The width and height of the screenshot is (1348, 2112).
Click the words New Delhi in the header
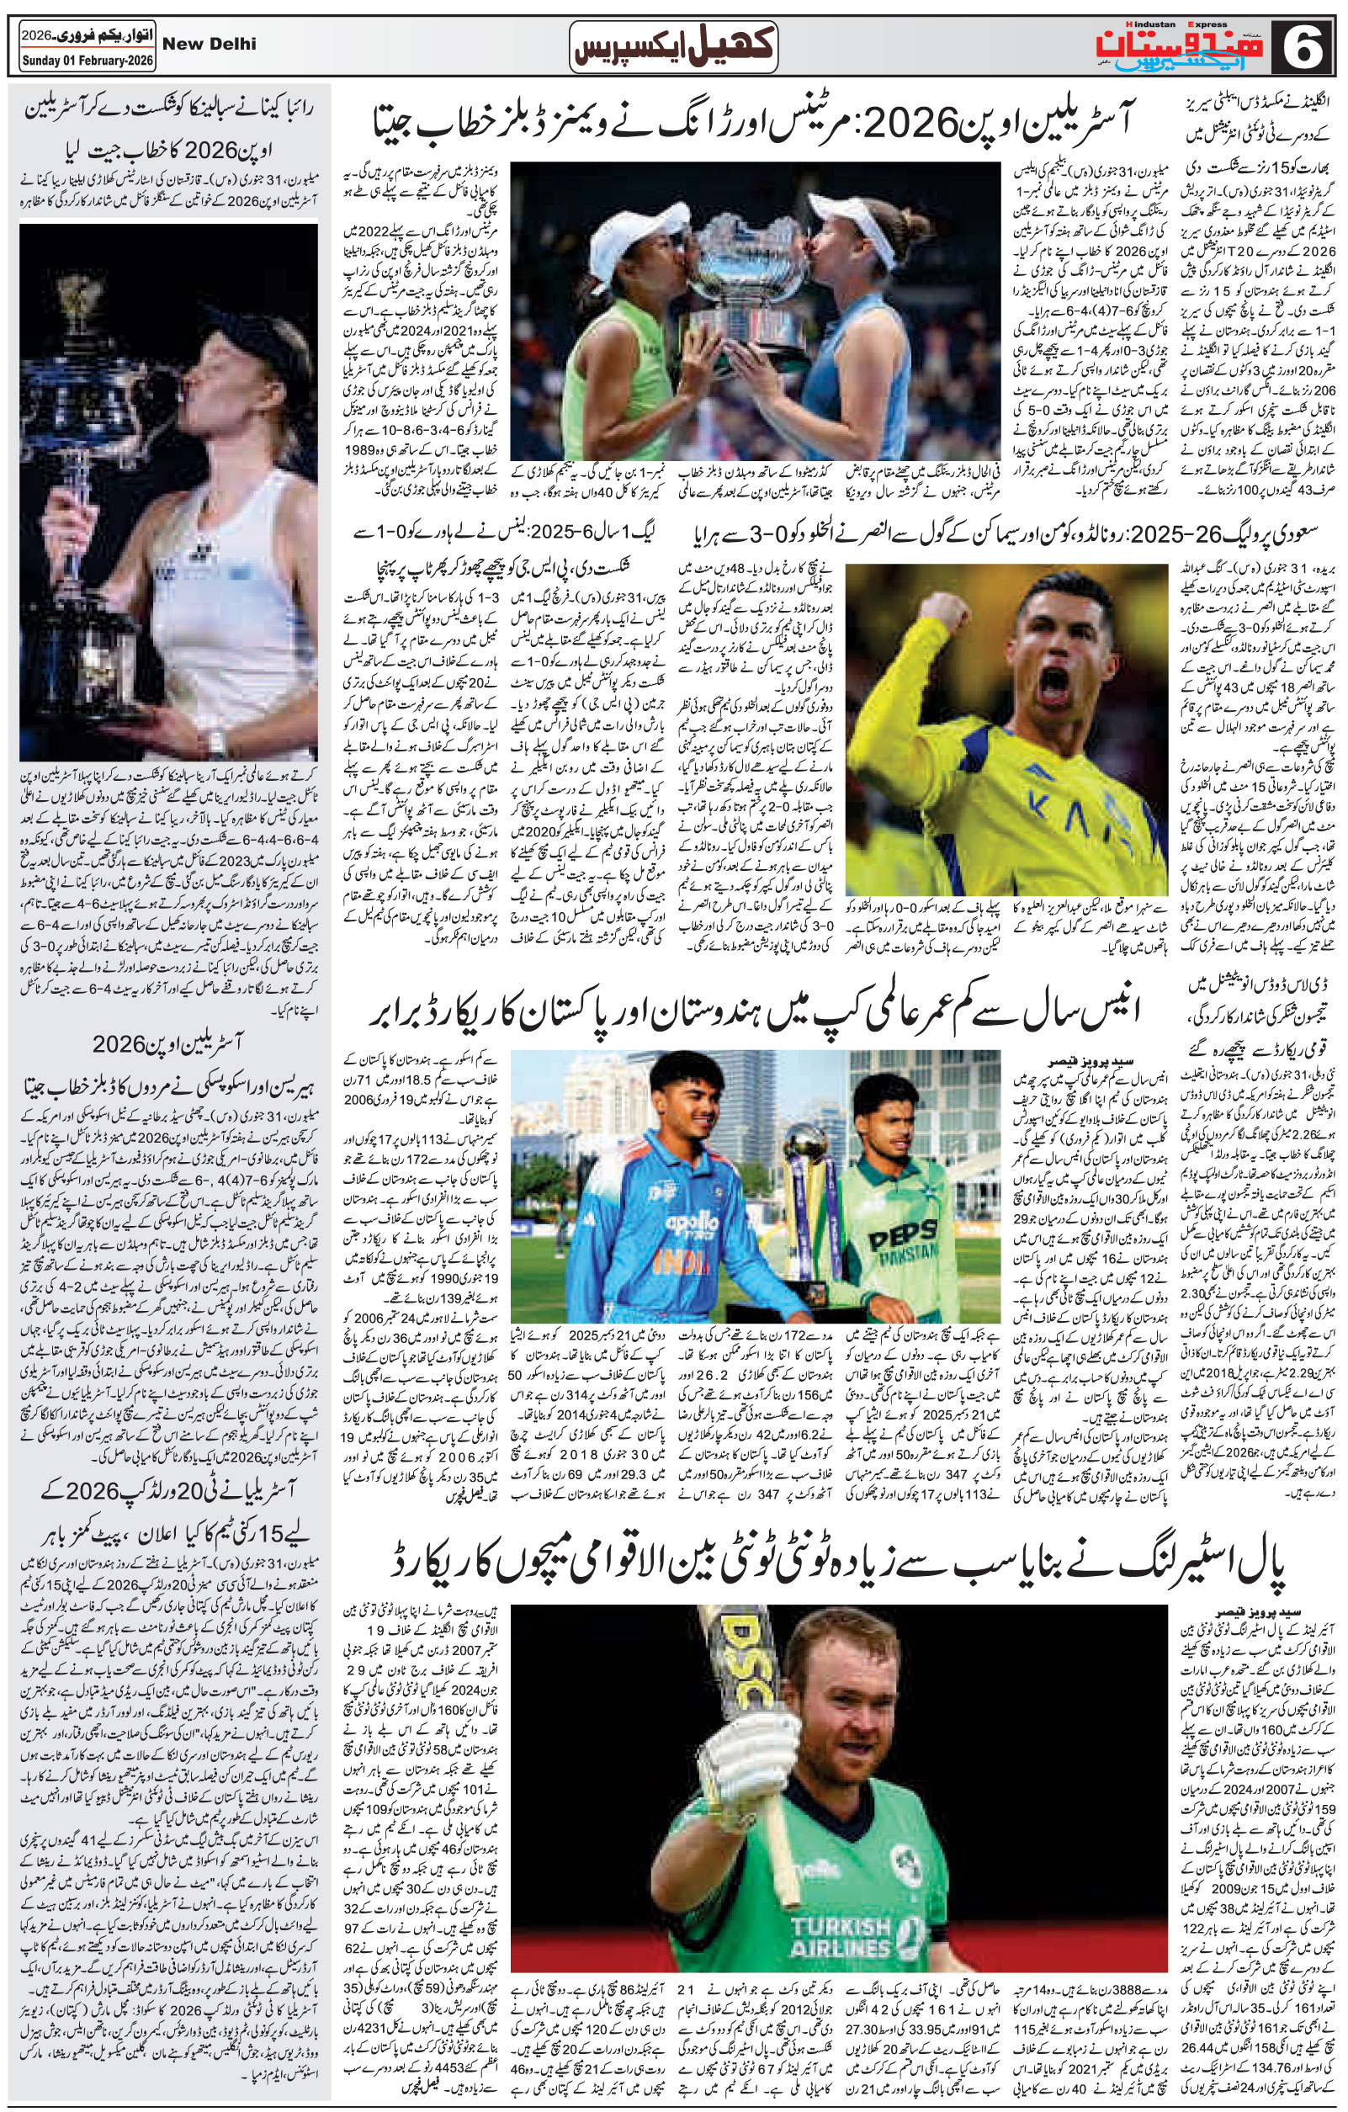click(210, 44)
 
